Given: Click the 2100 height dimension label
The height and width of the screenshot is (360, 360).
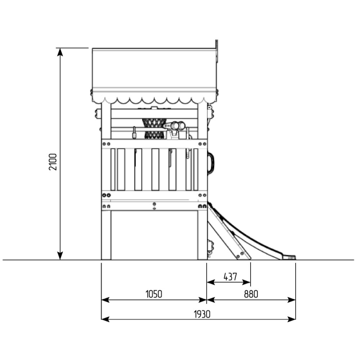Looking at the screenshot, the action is (53, 162).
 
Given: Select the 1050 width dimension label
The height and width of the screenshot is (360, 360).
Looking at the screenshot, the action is (154, 294).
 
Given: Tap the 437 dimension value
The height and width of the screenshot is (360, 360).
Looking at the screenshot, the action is (230, 277).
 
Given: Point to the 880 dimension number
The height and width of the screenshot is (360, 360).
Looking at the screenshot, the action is (251, 294).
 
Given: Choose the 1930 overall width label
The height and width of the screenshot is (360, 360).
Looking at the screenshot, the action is (202, 314).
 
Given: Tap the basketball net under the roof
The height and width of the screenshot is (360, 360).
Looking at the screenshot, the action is (153, 129).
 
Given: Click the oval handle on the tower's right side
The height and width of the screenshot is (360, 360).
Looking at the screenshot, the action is (211, 163).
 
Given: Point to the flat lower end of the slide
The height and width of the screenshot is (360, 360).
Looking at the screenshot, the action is (289, 257).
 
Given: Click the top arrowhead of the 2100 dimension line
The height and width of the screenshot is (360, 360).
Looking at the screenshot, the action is (60, 52).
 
